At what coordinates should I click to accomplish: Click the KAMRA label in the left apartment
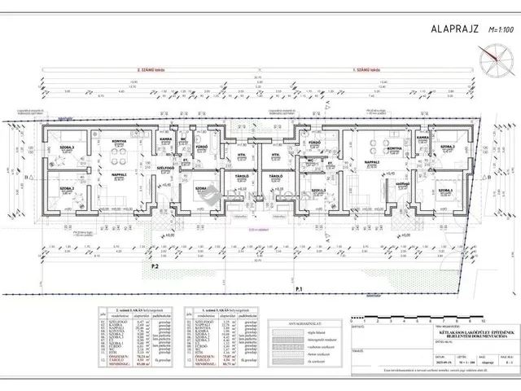[x=164, y=139]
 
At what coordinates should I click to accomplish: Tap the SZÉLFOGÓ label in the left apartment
[x=166, y=160]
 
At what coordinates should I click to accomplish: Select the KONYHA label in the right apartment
[x=394, y=148]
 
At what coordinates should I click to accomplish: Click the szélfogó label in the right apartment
[x=401, y=184]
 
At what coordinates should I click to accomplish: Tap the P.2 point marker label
[x=155, y=266]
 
